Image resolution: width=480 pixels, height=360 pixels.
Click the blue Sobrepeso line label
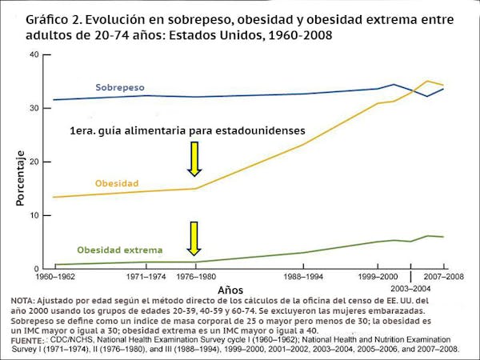pos(120,86)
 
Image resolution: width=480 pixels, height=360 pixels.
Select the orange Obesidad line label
pos(117,183)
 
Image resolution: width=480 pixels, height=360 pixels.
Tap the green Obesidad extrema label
pos(119,250)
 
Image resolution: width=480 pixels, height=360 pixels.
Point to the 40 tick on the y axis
pos(34,54)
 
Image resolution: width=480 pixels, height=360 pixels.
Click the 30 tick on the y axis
pos(34,108)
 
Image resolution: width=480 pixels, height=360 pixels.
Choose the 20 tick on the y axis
pos(34,162)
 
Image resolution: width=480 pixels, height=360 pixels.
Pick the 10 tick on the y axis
pos(34,215)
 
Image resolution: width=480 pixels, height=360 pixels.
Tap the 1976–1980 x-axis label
pos(194,276)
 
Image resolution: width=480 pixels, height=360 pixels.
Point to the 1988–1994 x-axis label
pos(303,276)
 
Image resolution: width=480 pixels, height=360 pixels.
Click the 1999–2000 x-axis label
pos(378,276)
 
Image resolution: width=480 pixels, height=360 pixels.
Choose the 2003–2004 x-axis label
pos(410,287)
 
